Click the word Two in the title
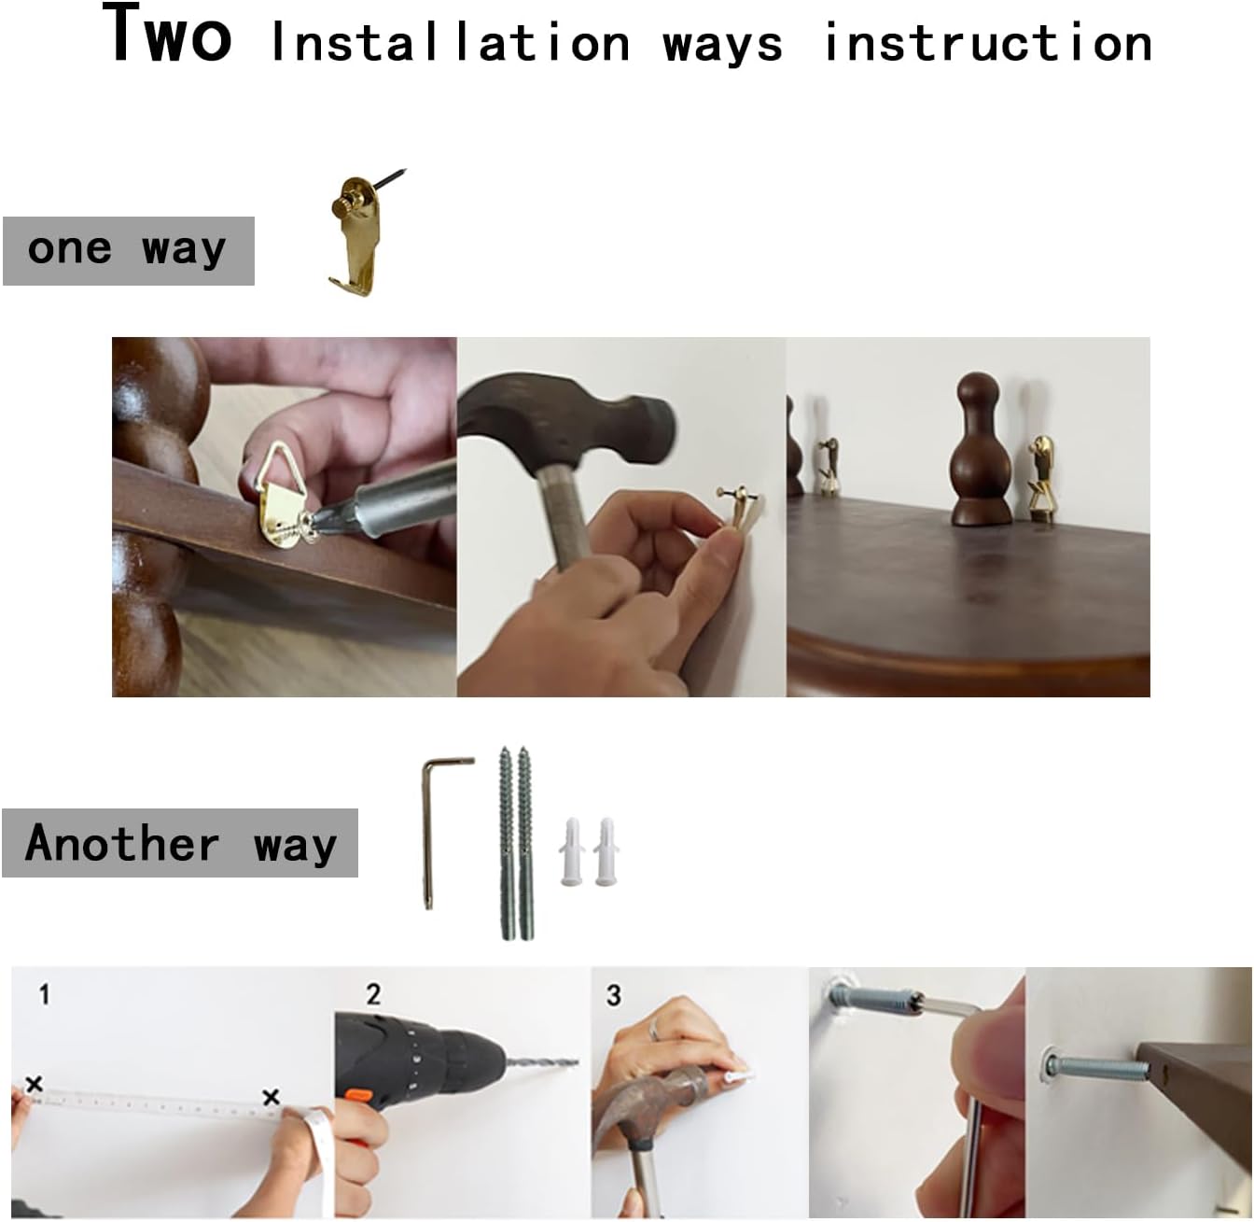pos(167,34)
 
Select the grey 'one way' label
pos(128,251)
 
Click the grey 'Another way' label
pos(180,842)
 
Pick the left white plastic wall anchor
pos(572,851)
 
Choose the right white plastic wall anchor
pos(606,851)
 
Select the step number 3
pos(613,995)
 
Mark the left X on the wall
pos(35,1084)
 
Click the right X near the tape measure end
pos(272,1096)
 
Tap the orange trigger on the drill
pos(359,1095)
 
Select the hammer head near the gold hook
pos(567,416)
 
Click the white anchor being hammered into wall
pos(738,1075)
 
